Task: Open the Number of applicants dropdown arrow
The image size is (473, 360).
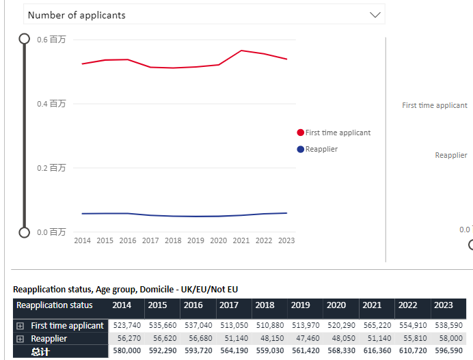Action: click(x=375, y=14)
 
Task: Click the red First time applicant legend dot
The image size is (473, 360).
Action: click(x=301, y=133)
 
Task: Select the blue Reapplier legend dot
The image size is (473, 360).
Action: click(x=301, y=149)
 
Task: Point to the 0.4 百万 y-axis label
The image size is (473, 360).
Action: click(x=52, y=104)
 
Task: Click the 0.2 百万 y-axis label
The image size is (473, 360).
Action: click(x=52, y=168)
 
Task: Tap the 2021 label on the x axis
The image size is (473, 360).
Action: click(x=241, y=240)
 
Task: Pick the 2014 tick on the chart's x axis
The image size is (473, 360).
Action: click(x=82, y=240)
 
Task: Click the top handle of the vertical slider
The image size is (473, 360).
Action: click(x=25, y=39)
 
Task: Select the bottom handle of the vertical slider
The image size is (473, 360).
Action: click(x=25, y=232)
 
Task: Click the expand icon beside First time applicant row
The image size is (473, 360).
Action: click(x=21, y=326)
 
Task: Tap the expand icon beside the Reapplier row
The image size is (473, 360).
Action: click(x=21, y=339)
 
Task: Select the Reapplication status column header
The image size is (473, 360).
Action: click(x=55, y=305)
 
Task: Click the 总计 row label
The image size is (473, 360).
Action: click(x=41, y=351)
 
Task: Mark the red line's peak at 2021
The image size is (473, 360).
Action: click(x=241, y=51)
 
